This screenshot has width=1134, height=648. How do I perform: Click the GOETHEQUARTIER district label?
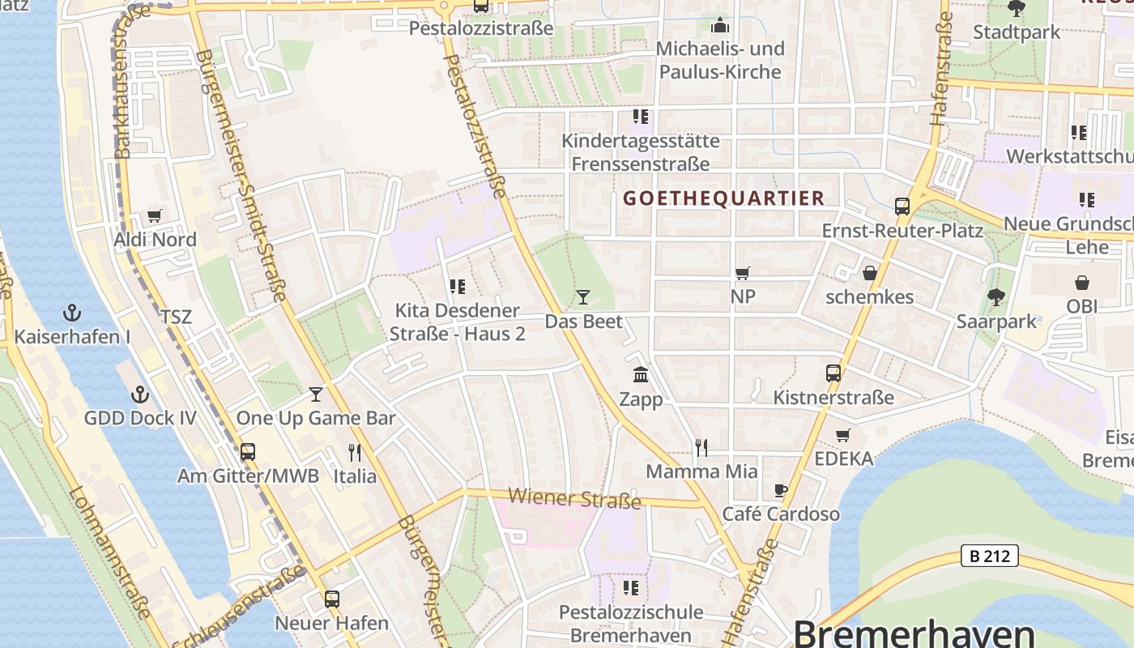tap(723, 198)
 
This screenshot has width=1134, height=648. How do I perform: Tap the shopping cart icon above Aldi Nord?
tap(155, 216)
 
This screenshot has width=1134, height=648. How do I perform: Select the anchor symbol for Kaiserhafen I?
tap(72, 313)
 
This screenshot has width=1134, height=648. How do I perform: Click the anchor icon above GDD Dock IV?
tap(140, 394)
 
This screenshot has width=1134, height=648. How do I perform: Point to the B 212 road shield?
tap(989, 556)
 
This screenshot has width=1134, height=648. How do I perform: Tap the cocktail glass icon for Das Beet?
tap(582, 297)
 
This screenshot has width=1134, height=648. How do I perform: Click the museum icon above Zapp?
tap(641, 375)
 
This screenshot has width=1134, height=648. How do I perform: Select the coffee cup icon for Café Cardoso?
tap(780, 490)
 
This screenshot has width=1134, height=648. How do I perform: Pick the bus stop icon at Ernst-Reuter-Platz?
tap(902, 207)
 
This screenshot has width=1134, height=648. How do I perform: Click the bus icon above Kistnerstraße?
tap(833, 373)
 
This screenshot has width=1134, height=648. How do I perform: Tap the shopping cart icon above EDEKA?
tap(843, 435)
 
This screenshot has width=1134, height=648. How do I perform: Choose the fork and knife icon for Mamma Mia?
tap(701, 447)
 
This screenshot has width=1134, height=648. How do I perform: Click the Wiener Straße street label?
tap(574, 498)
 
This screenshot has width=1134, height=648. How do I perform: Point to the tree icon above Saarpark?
tap(995, 297)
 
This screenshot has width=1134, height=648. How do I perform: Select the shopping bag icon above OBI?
tap(1082, 283)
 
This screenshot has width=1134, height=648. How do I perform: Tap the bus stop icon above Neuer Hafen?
tap(331, 599)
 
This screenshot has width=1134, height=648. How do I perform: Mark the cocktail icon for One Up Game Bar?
tap(316, 394)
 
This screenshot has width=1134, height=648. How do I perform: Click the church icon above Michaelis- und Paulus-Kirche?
tap(719, 25)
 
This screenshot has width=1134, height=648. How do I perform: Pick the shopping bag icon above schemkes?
tap(869, 273)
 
